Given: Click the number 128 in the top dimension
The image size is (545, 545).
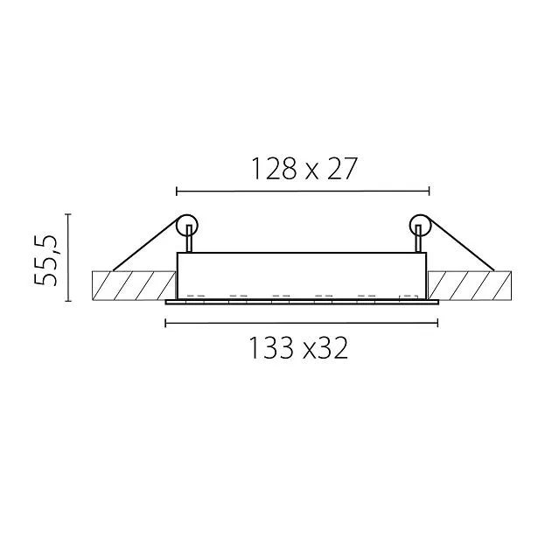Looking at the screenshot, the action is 274,169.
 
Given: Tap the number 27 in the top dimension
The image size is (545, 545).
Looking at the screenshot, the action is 342,169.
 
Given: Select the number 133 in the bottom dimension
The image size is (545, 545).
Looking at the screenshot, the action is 271,348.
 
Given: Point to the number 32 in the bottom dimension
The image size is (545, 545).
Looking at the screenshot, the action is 333,348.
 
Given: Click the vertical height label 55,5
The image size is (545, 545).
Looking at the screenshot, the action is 45,260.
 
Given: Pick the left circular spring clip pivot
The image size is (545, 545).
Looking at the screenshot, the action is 187,225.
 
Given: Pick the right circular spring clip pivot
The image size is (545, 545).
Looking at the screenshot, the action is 420,225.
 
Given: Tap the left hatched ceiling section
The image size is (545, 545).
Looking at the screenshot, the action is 134,285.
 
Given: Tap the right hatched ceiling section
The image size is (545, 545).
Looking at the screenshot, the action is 470,285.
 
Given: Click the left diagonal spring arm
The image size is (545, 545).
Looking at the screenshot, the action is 147,243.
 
